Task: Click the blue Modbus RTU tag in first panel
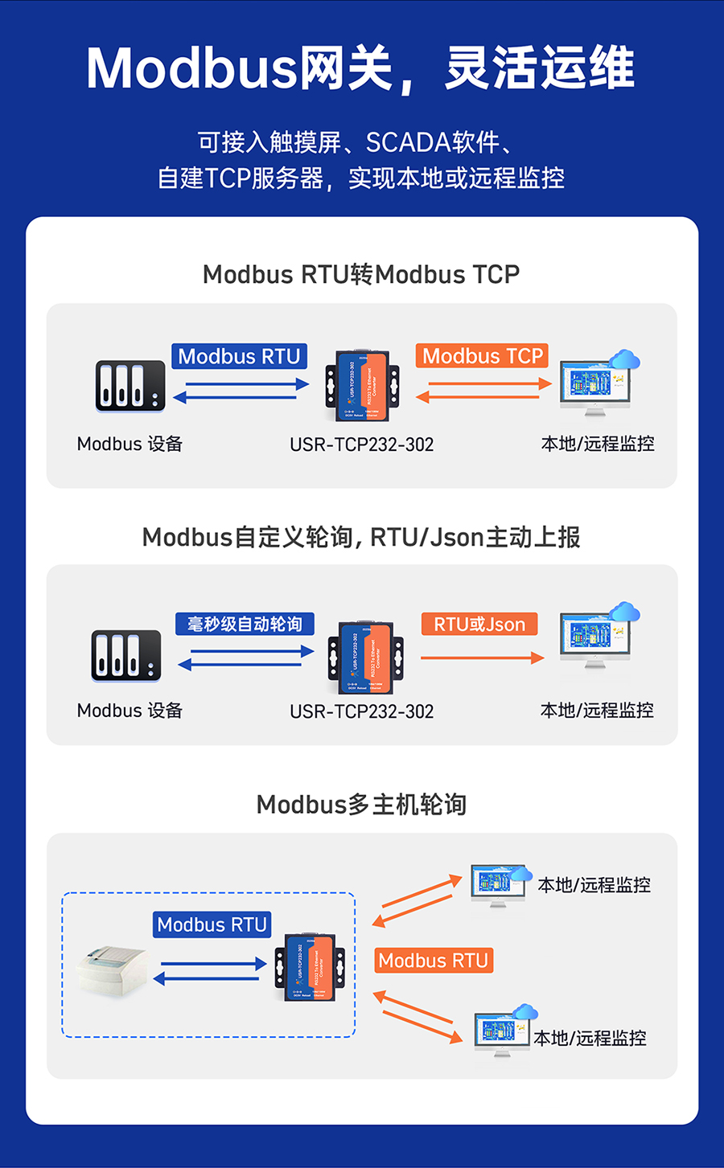pos(239,356)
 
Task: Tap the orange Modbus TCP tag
pos(483,356)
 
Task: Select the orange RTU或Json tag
pos(479,624)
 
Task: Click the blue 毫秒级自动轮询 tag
pos(245,624)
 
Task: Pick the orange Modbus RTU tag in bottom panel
pos(433,961)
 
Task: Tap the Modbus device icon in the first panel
pos(130,386)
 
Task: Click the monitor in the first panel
pos(594,387)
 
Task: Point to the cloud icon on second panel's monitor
pos(624,612)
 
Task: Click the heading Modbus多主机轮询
pos(361,804)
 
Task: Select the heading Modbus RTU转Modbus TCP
pos(361,274)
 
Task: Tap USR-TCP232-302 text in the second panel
pos(361,711)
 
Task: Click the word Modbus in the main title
pos(191,68)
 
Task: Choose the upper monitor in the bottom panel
pos(496,884)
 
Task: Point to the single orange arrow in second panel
pos(482,658)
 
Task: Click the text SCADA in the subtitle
pos(408,142)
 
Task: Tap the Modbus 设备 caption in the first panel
pos(130,444)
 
